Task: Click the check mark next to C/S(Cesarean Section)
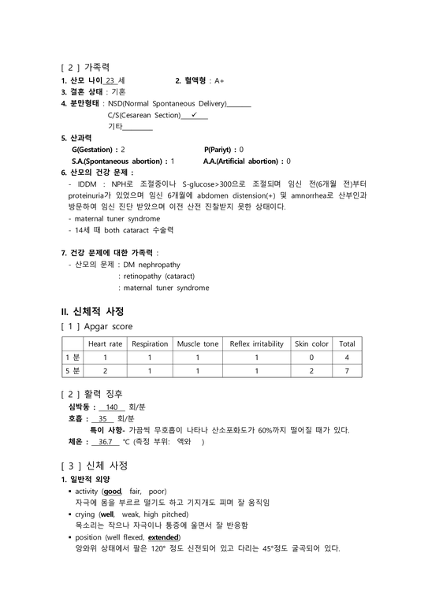[x=194, y=114]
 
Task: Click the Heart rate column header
[x=105, y=344]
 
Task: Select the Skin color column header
[x=311, y=344]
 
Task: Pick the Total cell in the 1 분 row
[x=347, y=357]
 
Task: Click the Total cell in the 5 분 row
[x=347, y=370]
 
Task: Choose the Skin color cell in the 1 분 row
[x=311, y=357]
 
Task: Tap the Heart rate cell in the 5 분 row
[x=105, y=370]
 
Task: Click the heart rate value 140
[x=110, y=407]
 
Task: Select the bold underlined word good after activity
[x=124, y=491]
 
